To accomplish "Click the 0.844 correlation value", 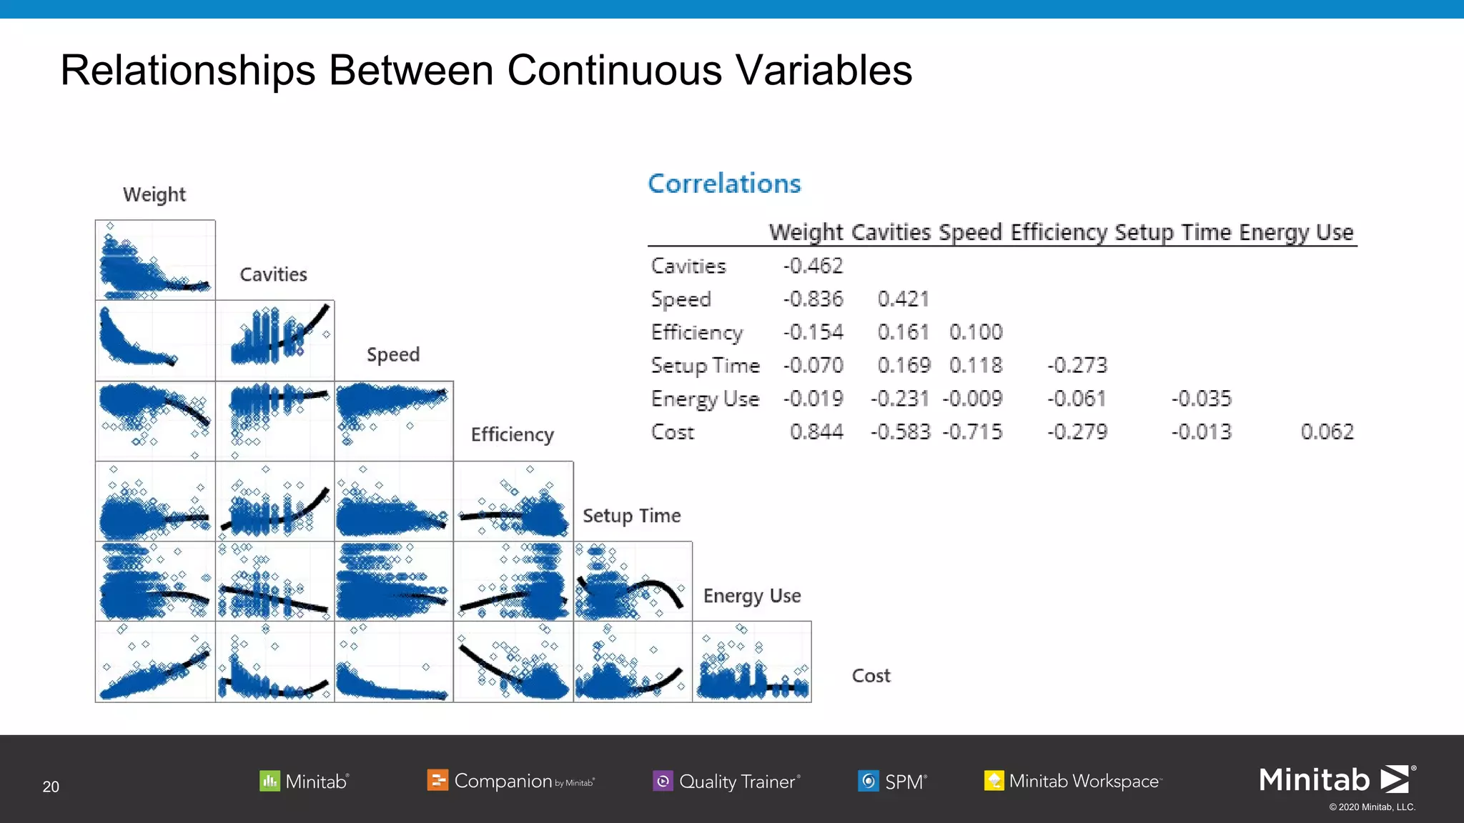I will click(x=816, y=432).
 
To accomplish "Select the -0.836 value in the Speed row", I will click(x=813, y=299).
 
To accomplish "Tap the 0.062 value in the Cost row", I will click(x=1327, y=432).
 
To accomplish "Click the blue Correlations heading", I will click(x=724, y=184).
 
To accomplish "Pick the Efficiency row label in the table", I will click(x=697, y=332).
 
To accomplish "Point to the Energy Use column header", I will click(x=1296, y=232).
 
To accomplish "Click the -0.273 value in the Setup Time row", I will click(x=1077, y=365).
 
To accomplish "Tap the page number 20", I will click(x=51, y=787).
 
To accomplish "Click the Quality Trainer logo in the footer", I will click(x=727, y=781).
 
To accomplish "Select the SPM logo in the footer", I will click(x=893, y=781).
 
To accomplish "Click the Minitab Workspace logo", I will click(x=1073, y=781).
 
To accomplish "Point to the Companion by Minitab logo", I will click(x=510, y=781).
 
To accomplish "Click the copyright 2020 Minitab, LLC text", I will click(x=1372, y=807).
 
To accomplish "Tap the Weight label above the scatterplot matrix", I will click(x=154, y=194).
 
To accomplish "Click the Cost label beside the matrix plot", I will click(x=871, y=676).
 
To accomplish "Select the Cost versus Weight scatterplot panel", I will click(x=155, y=662).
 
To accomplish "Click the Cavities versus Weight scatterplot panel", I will click(x=155, y=340).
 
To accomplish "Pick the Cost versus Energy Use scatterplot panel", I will click(x=752, y=662).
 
